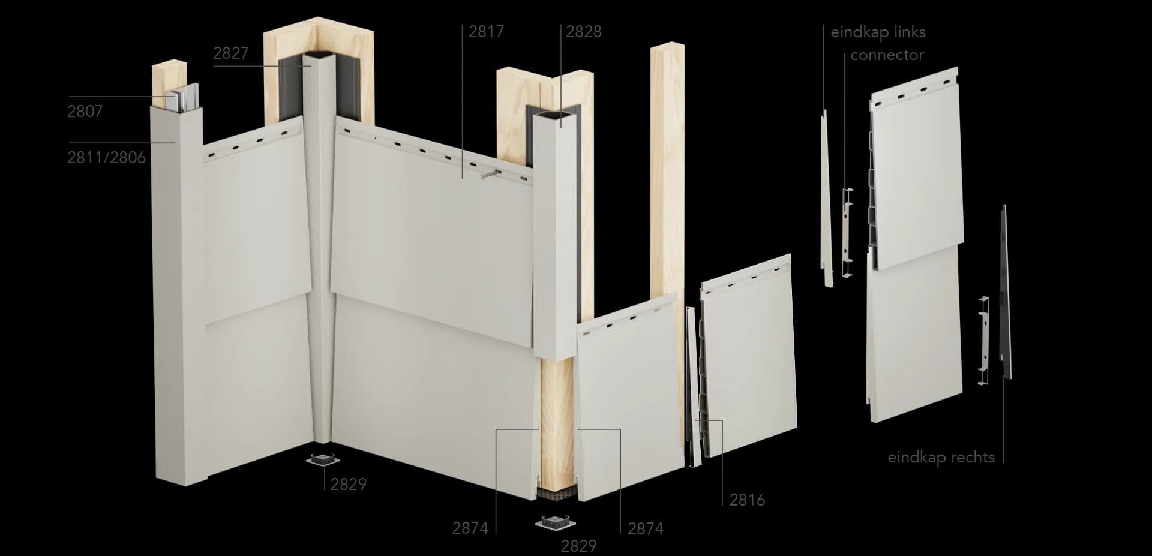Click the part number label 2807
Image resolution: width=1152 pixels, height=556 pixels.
(x=85, y=111)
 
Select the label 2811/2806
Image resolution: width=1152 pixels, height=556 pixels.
(x=106, y=157)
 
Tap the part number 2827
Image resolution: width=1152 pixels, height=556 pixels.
(x=230, y=53)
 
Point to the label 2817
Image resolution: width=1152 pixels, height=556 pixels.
(x=486, y=32)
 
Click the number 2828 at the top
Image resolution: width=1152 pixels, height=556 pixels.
(x=584, y=32)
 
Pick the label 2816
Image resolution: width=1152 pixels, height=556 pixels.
(x=747, y=500)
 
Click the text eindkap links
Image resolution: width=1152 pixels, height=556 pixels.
(x=878, y=32)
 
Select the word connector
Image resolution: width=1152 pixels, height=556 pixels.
(x=887, y=55)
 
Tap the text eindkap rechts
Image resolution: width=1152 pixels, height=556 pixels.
(x=941, y=457)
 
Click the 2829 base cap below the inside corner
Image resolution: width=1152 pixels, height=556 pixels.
(x=323, y=461)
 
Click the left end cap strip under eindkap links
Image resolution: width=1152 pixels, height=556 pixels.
(x=826, y=198)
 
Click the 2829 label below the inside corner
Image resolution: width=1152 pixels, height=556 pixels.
(x=348, y=484)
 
